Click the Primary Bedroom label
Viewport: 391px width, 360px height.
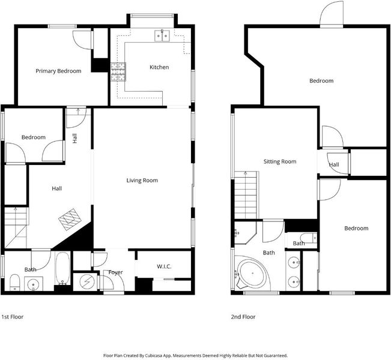(58, 71)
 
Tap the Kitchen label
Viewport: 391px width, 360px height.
(159, 67)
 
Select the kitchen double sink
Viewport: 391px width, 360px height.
(162, 35)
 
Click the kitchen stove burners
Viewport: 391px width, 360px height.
(118, 72)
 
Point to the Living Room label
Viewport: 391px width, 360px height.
(142, 181)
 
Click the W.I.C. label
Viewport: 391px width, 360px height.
(164, 266)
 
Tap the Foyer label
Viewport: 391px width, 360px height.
(115, 272)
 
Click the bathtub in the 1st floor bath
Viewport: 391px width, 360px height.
(62, 268)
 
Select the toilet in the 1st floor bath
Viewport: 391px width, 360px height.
(14, 283)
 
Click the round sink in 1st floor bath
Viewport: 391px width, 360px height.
(34, 284)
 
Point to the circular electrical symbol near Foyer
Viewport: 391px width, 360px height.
(86, 282)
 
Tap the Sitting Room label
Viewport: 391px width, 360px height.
(280, 161)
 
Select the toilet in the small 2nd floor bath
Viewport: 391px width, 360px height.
(309, 238)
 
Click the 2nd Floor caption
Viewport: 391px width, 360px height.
(243, 317)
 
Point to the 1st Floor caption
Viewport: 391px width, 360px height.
(13, 317)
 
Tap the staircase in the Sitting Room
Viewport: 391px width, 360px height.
(246, 195)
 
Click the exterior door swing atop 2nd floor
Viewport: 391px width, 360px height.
(332, 13)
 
